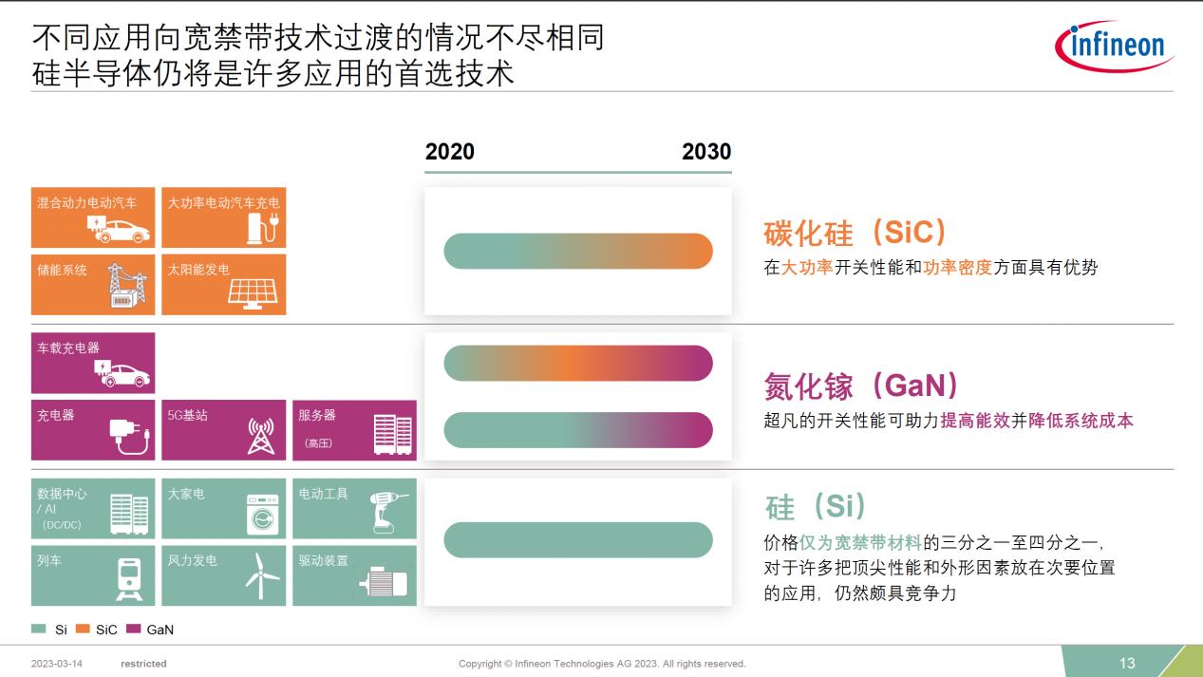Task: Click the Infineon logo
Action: pos(1114,47)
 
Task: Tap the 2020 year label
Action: pos(449,151)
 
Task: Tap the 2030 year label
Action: pos(706,151)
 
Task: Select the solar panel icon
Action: pos(253,293)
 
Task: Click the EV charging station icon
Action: pos(263,228)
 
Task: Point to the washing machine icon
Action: pos(263,515)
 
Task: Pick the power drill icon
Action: pos(387,513)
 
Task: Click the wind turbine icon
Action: pos(261,576)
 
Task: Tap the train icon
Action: pos(129,579)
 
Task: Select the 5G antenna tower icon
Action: pos(260,436)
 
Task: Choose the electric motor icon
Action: pos(384,581)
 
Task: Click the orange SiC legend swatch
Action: pos(83,629)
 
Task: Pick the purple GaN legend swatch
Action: pos(133,629)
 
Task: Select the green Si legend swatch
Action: pos(38,629)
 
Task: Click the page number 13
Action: pos(1127,663)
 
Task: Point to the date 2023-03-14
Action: pos(56,664)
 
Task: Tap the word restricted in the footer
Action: pos(143,664)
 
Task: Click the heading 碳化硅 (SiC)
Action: pos(855,233)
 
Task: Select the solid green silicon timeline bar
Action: pos(578,539)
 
